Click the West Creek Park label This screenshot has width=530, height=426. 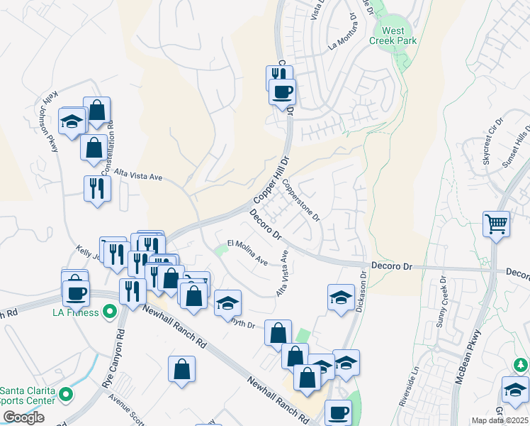click(x=393, y=35)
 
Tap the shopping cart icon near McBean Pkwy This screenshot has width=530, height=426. click(x=497, y=224)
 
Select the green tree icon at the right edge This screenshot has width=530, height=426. click(x=521, y=364)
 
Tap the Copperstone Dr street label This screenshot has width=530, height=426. click(x=302, y=200)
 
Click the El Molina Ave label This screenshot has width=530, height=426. click(x=247, y=253)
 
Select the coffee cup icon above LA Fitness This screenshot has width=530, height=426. click(x=75, y=292)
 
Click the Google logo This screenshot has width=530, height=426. click(x=23, y=417)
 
